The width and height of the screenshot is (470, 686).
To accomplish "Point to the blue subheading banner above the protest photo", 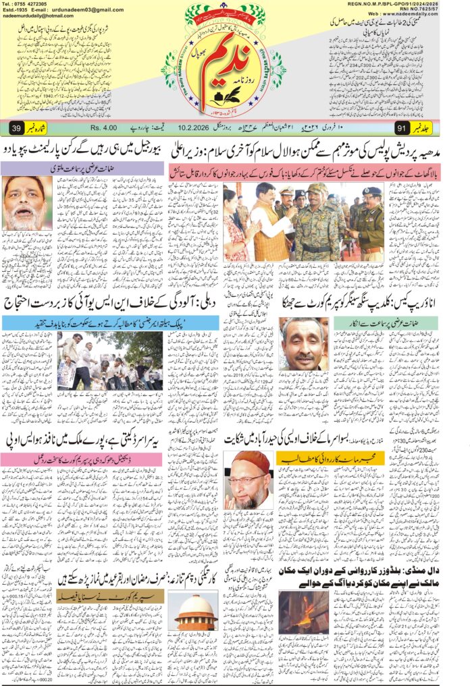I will coord(80,324).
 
